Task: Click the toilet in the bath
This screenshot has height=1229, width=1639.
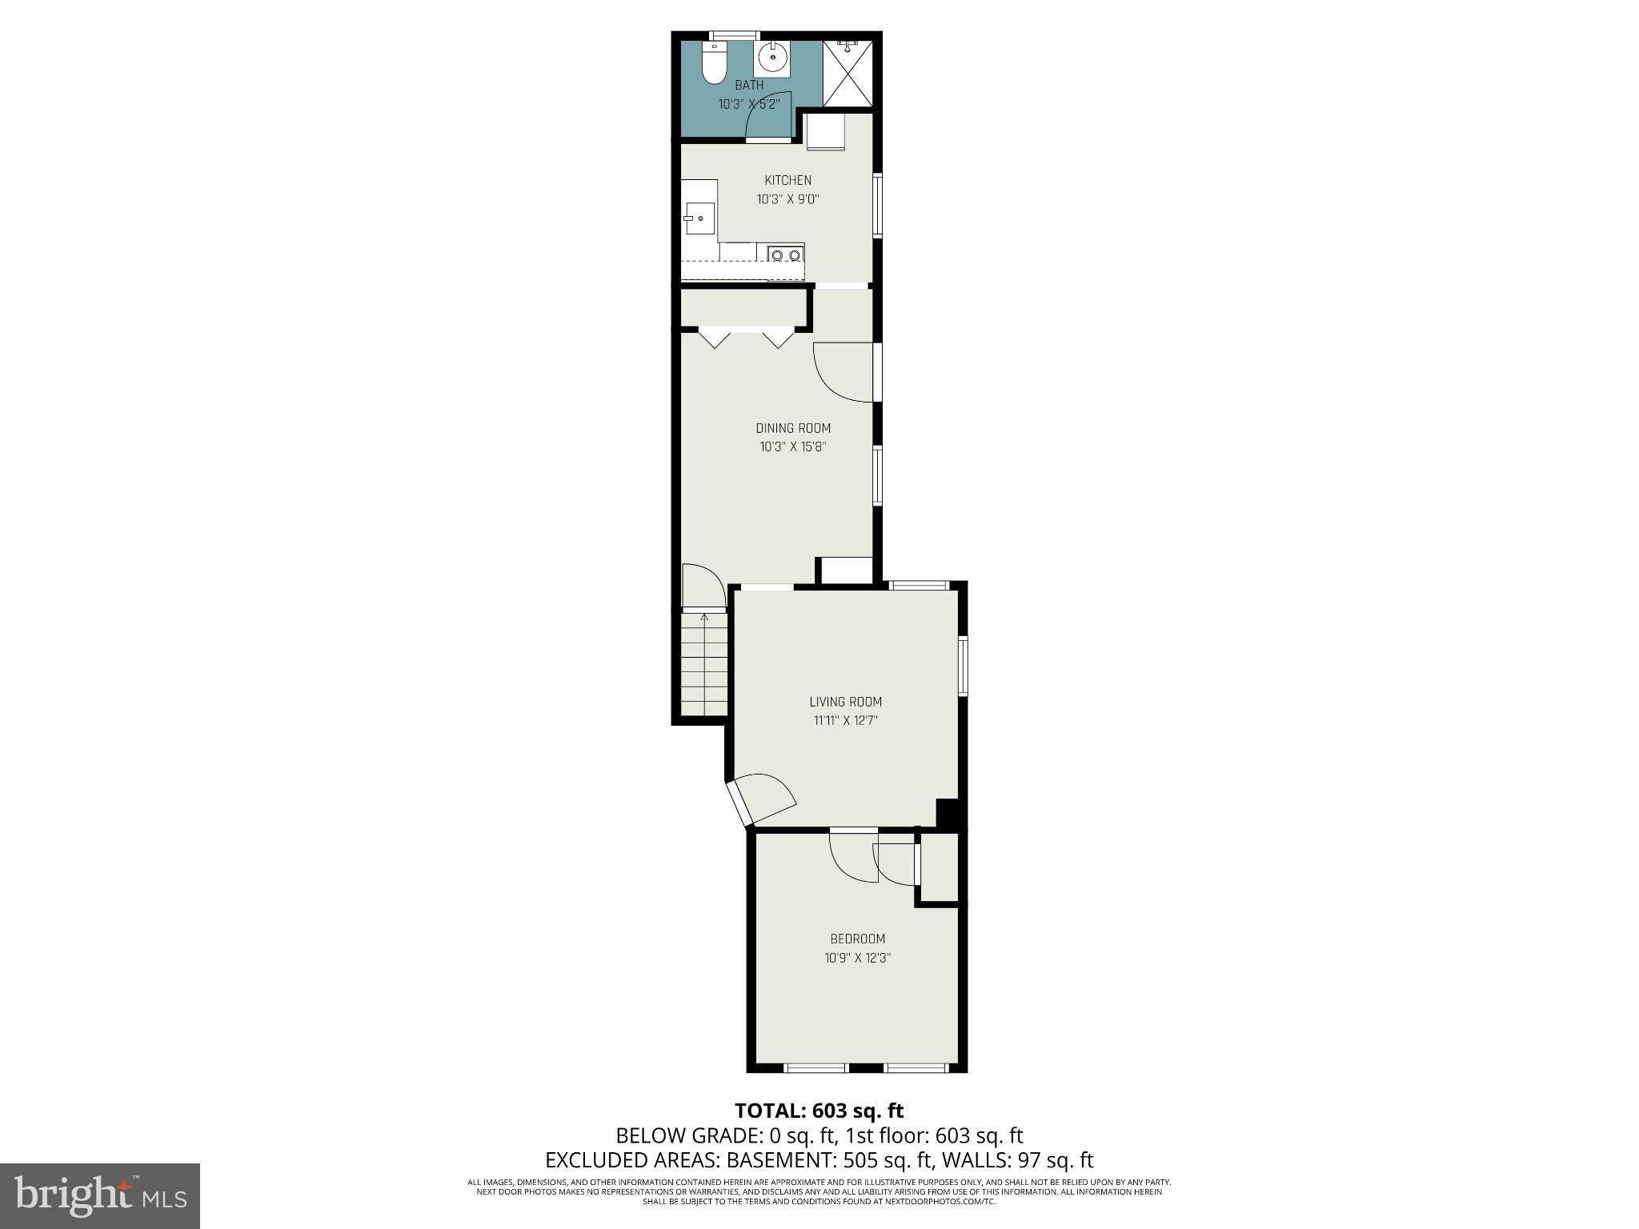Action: coord(713,65)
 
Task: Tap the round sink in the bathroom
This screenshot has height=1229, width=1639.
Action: coord(773,58)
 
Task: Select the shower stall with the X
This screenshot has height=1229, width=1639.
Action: coord(848,73)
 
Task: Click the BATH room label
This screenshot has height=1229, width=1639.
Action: coord(749,85)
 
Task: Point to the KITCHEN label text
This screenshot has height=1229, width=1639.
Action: coord(787,181)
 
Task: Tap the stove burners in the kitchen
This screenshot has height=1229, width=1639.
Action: coord(785,255)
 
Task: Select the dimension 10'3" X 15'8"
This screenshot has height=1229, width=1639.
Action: coord(792,447)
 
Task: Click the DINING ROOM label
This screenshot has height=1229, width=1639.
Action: coord(793,428)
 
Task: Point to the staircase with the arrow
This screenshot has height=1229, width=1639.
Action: coord(704,665)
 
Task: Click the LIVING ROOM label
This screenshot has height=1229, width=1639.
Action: coord(845,702)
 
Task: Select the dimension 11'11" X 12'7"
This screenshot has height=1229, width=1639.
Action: coord(845,721)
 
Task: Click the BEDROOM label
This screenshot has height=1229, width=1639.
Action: coord(857,939)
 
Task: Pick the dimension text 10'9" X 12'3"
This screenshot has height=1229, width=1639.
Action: coord(857,958)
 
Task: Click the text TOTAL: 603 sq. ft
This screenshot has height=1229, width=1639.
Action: coord(819,1111)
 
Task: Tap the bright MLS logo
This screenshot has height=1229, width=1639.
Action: coord(100,1195)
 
